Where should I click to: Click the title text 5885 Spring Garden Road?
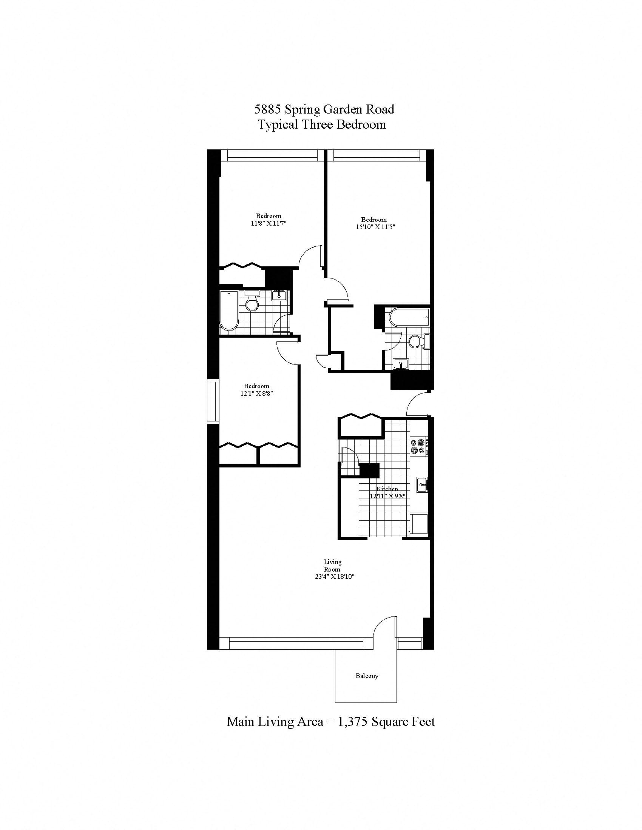tap(324, 109)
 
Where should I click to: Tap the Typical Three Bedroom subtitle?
tap(322, 124)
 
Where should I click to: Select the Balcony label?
tap(367, 676)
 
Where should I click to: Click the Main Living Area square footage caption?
tap(330, 721)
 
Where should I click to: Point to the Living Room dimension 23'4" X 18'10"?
tap(332, 576)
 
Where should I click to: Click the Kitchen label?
tap(387, 489)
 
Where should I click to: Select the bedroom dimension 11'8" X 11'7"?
tap(268, 223)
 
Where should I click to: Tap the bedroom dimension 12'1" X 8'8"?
tap(257, 394)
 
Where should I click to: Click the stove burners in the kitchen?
tap(418, 447)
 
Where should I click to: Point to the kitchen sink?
tap(422, 484)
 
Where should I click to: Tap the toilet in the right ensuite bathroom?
tap(417, 342)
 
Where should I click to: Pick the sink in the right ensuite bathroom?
tap(400, 364)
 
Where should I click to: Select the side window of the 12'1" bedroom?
tap(213, 401)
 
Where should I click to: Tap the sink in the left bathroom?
tap(279, 295)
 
